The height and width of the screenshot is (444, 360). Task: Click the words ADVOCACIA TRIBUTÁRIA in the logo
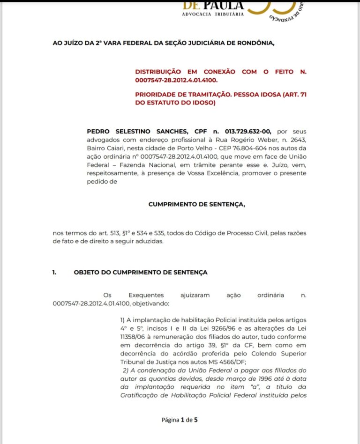[x=213, y=15]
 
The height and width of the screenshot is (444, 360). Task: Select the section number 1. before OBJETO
[x=54, y=272]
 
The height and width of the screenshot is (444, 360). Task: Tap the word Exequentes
[x=146, y=295]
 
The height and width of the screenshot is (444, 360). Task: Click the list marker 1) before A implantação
[x=123, y=320]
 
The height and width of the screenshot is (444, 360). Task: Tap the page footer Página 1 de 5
[x=180, y=420]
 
